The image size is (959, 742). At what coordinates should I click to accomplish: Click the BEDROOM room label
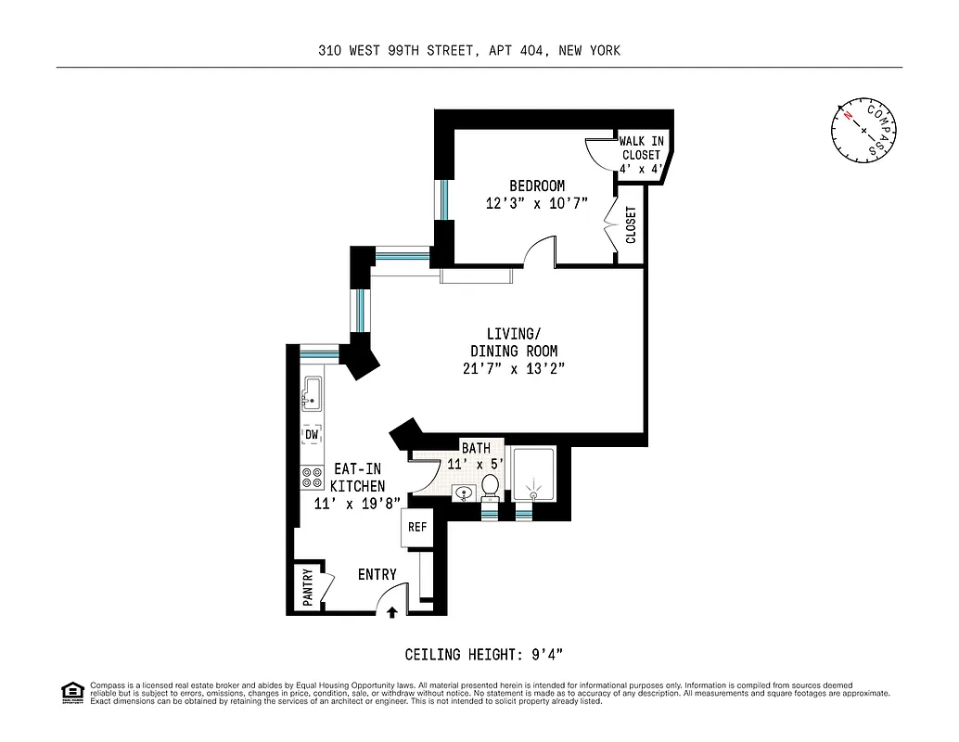point(536,185)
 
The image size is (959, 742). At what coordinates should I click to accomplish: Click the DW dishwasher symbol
point(312,434)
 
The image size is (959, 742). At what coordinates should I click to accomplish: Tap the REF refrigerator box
point(416,527)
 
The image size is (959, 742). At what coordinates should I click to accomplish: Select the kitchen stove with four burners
point(311,478)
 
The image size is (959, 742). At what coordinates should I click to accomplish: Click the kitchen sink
point(311,395)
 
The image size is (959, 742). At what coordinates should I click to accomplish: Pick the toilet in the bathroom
point(490,486)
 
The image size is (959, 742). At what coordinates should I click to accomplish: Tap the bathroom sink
point(464,493)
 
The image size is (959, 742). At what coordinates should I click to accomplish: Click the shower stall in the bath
point(534,478)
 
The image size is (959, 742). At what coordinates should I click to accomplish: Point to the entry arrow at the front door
point(391,611)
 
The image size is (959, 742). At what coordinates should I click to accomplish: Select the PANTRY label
point(307,588)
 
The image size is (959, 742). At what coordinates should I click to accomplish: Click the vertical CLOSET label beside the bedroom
point(631,225)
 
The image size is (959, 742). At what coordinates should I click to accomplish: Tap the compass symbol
point(863,129)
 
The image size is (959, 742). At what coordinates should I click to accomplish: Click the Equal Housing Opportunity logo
point(72,692)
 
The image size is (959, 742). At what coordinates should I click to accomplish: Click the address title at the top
point(468,51)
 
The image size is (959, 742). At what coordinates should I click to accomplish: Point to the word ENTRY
point(377,575)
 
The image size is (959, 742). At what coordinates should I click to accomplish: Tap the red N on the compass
point(847,116)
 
